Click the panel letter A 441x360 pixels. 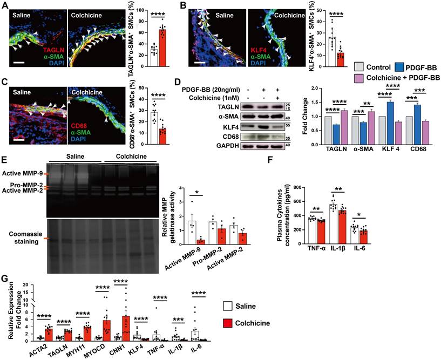point(5,5)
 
